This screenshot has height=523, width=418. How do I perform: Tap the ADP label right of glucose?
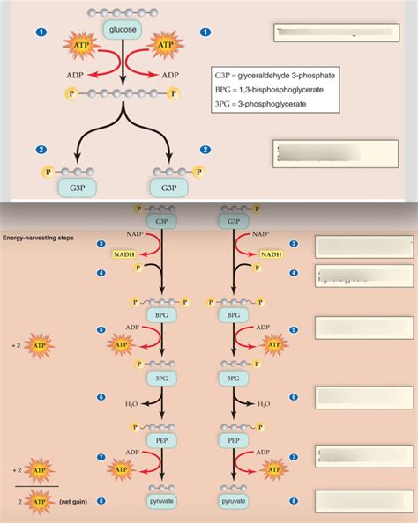pos(170,75)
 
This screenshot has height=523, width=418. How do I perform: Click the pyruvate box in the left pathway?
pos(160,501)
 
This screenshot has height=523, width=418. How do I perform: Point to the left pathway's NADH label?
pos(123,254)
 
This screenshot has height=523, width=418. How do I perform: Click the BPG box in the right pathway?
pos(233,314)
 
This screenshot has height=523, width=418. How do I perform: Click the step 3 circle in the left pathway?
pos(101,244)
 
